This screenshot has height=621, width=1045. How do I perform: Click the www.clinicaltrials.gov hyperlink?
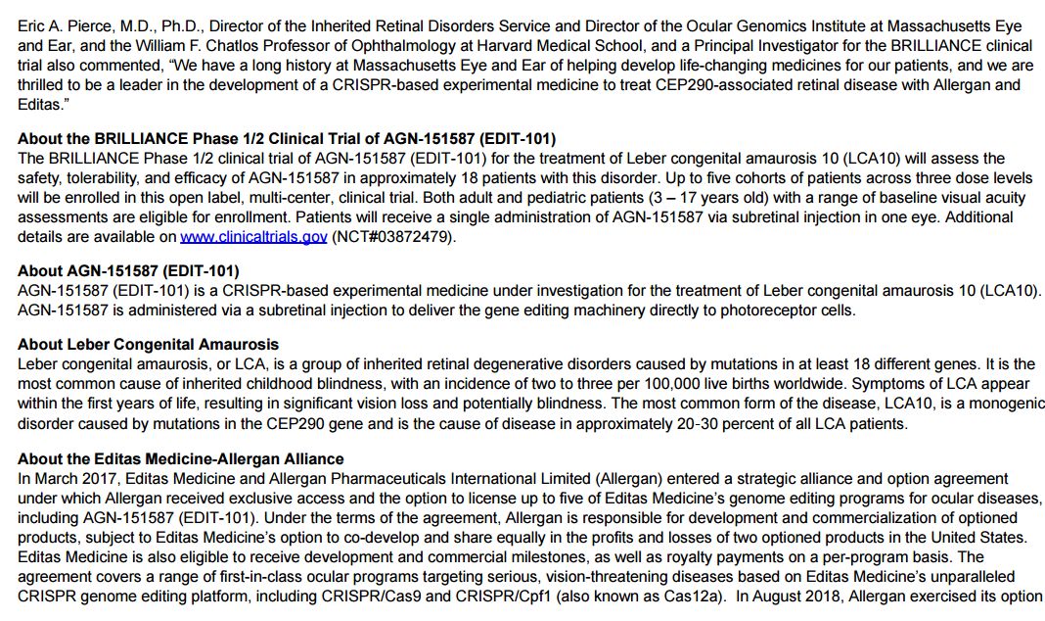pos(253,237)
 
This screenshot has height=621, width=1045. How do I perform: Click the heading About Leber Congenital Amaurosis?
pos(148,345)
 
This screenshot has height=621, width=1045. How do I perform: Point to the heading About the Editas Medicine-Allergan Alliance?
pos(180,459)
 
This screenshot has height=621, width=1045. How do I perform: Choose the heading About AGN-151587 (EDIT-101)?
pos(128,270)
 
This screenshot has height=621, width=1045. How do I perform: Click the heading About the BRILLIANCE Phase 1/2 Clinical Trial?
pos(287,138)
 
